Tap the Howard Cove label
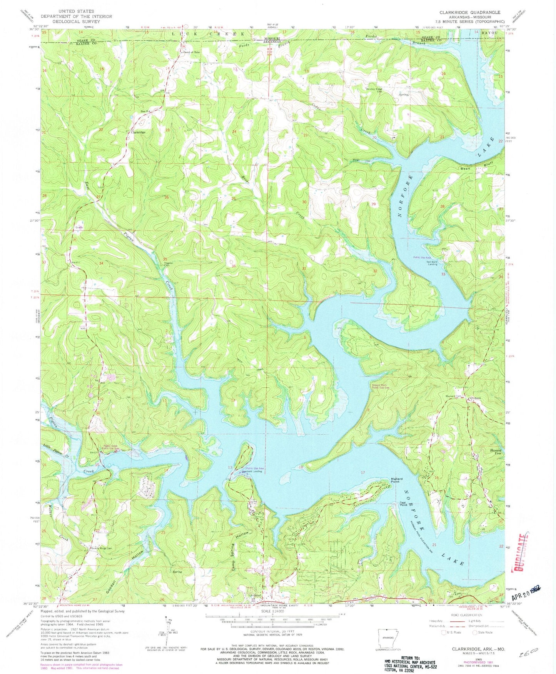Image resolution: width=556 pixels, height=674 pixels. [x=496, y=451]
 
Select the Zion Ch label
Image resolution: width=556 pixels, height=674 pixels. [x=144, y=112]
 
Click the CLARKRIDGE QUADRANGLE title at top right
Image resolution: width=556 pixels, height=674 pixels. [x=470, y=12]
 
